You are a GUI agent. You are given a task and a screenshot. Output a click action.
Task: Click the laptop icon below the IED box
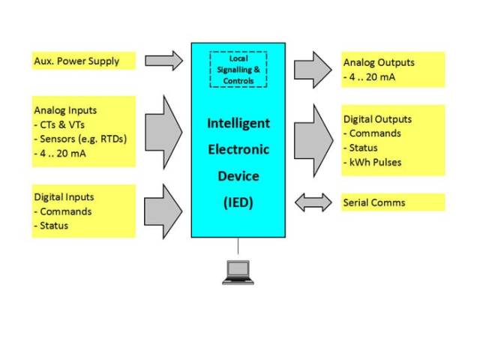pos(238,272)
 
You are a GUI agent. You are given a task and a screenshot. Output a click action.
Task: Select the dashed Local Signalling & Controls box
pos(238,69)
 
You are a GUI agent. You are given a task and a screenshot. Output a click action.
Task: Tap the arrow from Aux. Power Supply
pos(163,61)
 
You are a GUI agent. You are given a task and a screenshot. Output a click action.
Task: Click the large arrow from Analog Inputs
pos(163,132)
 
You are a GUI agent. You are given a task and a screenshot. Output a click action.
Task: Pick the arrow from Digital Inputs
pos(163,211)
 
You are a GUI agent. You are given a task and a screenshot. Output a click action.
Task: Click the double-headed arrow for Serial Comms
pos(313,202)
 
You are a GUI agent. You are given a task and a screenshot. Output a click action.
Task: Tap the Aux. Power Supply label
pos(76,61)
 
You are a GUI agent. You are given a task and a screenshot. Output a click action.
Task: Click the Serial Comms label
pos(374,202)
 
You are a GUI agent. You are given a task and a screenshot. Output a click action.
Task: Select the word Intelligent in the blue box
pos(238,123)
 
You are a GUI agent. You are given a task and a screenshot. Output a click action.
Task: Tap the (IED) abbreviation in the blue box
pos(238,203)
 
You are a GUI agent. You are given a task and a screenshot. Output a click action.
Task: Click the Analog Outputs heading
pos(379,63)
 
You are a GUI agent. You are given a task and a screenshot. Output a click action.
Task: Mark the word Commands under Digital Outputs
pos(375,133)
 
